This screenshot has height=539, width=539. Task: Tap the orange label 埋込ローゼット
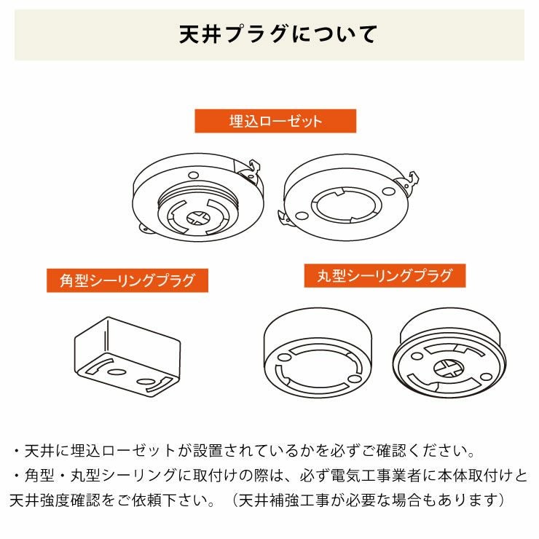click(x=275, y=121)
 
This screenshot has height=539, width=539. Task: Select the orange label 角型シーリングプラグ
click(x=127, y=280)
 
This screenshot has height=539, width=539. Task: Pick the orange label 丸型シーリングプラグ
click(x=384, y=276)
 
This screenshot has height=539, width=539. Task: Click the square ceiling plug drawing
click(x=127, y=355)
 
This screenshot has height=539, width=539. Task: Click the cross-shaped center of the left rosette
click(x=198, y=217)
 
